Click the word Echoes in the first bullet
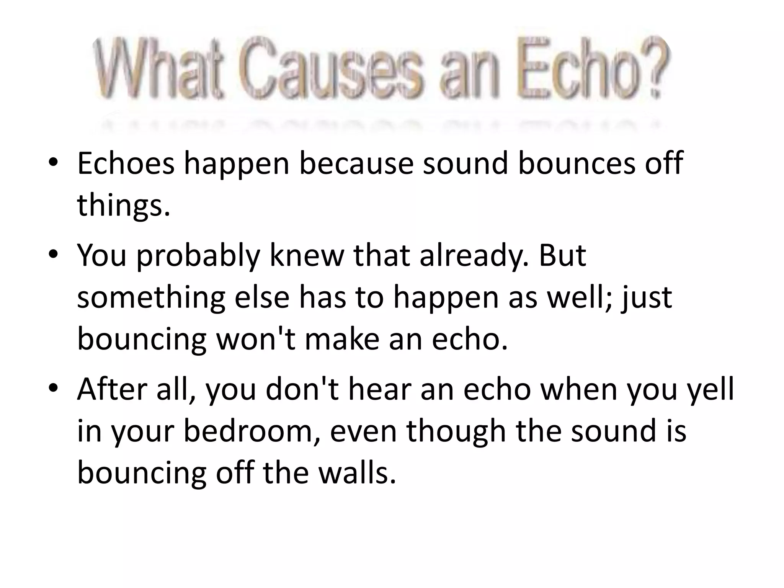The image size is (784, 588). click(x=126, y=163)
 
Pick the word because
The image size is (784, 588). click(x=356, y=163)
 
